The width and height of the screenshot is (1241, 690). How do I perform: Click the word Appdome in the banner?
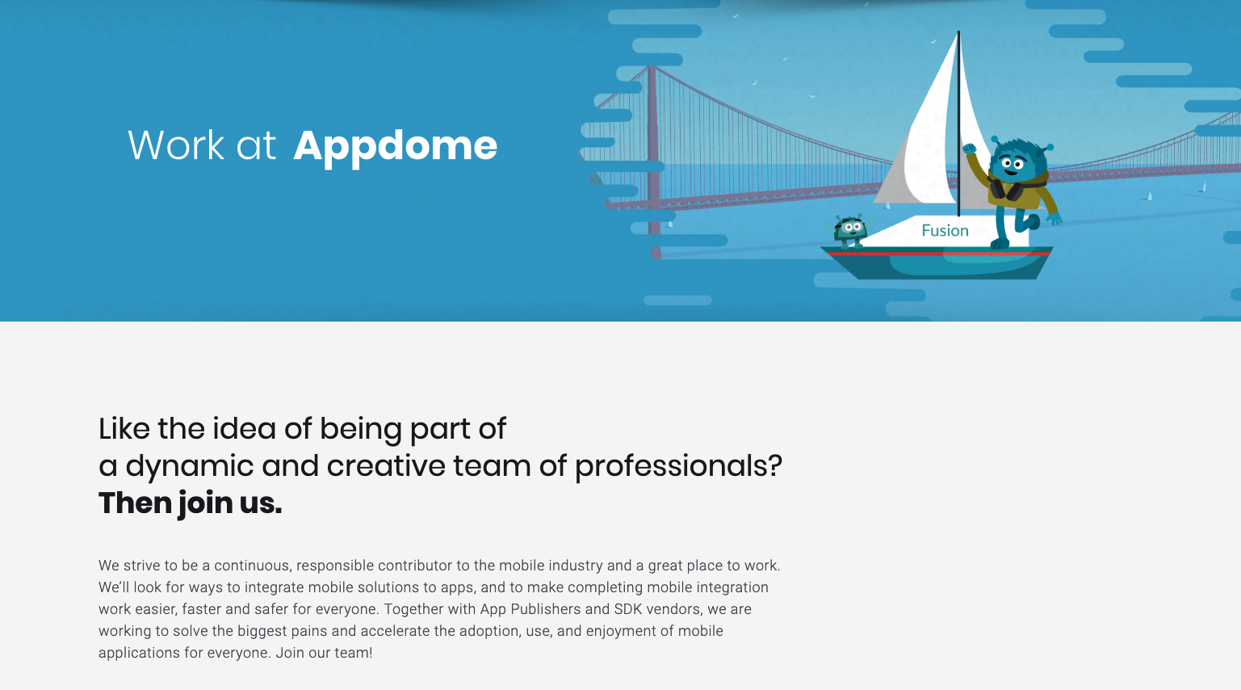pos(395,146)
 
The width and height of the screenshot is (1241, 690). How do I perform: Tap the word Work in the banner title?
pos(176,146)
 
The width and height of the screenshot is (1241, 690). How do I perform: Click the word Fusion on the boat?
pos(945,231)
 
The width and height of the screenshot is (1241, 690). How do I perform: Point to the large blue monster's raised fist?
pos(969,149)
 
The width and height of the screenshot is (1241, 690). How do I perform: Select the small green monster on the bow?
pos(849,231)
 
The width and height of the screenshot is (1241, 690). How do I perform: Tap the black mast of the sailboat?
pos(958,121)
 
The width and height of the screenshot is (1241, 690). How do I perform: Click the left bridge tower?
pos(653,162)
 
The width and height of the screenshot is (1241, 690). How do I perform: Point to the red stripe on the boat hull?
pos(937,254)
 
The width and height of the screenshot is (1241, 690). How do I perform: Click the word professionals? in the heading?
pos(678,466)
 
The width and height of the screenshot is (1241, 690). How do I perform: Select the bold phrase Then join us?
pos(191,503)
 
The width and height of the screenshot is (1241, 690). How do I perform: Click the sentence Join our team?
pos(324,653)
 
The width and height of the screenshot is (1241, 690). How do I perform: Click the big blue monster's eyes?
pos(1012,165)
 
